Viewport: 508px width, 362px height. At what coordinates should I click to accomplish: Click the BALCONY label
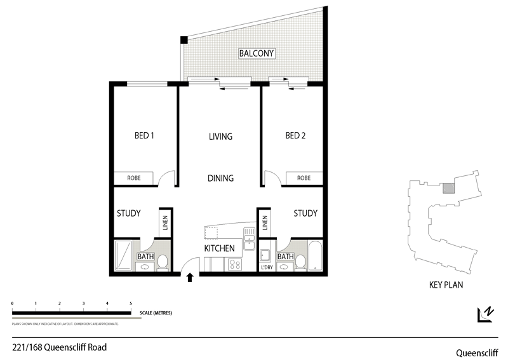(257, 53)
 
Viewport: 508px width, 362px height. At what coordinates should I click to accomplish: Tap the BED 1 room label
(144, 135)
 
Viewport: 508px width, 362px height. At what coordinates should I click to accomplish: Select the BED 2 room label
(295, 135)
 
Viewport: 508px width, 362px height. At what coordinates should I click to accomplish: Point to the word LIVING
(220, 137)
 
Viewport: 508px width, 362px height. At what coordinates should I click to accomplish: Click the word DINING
(220, 178)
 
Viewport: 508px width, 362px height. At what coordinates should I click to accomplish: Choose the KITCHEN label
(219, 248)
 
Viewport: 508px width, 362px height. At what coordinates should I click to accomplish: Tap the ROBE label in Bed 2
(304, 178)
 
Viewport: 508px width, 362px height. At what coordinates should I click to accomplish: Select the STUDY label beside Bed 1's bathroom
(128, 213)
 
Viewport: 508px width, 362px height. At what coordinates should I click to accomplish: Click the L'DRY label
(267, 267)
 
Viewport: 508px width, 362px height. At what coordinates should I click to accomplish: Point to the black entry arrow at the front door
(189, 277)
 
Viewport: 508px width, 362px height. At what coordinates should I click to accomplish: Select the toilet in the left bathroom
(163, 262)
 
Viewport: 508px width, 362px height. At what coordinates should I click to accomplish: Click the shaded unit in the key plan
(448, 188)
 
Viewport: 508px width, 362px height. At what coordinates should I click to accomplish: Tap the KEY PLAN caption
(446, 285)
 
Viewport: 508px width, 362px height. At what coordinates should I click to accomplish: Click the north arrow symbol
(486, 314)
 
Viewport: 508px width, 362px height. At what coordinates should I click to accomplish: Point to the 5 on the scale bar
(131, 304)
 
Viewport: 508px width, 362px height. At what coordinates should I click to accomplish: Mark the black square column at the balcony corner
(184, 40)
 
